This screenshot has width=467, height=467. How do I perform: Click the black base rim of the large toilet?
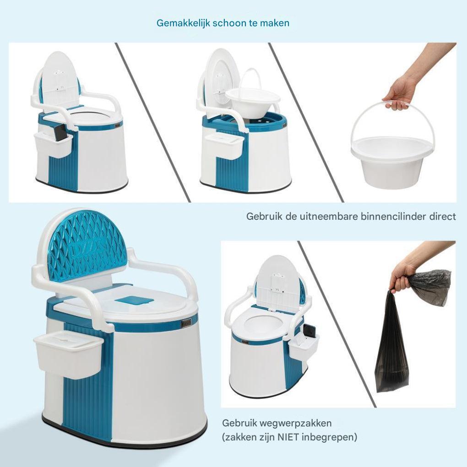click(125, 438)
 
